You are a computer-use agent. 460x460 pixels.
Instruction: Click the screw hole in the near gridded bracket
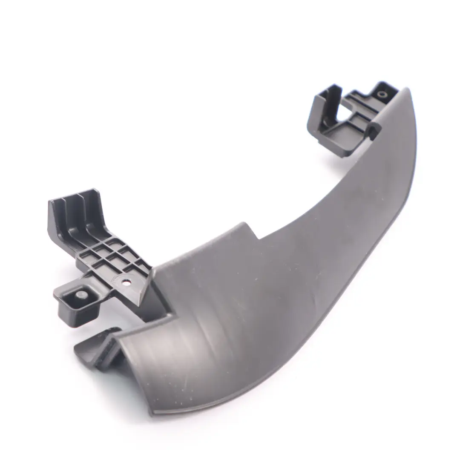coord(126,282)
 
